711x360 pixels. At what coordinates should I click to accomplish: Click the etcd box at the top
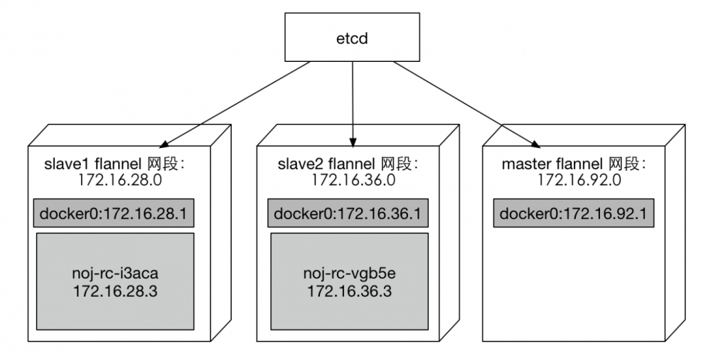[353, 36]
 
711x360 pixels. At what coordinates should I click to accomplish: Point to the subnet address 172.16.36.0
[352, 181]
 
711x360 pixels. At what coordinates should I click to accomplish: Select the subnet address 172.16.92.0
[579, 181]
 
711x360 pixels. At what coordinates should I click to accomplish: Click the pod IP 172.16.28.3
[114, 291]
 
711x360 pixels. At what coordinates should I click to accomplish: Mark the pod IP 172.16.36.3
[348, 291]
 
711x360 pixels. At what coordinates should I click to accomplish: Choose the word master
[522, 165]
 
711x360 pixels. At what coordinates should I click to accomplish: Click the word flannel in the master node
[569, 165]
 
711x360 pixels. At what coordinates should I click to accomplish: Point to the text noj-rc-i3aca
[114, 274]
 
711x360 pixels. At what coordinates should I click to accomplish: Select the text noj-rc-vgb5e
[348, 274]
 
